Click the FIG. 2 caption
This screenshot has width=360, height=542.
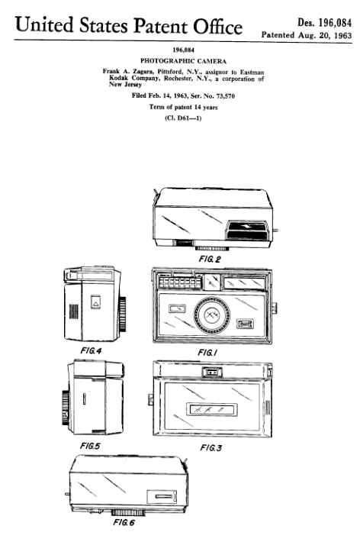[210, 259]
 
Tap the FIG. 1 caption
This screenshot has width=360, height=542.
[207, 353]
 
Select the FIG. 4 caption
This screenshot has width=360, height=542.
[91, 350]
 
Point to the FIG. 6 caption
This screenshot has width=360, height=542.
[124, 522]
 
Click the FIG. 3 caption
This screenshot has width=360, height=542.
[211, 448]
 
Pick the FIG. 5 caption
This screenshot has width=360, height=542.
[90, 446]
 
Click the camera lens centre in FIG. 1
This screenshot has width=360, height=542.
[211, 315]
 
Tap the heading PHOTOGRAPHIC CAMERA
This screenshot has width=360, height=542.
[184, 61]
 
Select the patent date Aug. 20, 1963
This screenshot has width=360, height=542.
[325, 35]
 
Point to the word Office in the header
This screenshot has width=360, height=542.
[217, 26]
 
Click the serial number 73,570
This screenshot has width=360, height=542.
[225, 95]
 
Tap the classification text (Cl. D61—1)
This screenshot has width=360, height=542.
[183, 118]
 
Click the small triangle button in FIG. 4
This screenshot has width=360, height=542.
[95, 302]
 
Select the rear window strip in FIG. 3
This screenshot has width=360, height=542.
[212, 410]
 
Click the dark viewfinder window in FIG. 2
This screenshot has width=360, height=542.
[247, 227]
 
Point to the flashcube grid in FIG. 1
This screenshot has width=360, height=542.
[180, 282]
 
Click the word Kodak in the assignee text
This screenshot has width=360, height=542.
[118, 78]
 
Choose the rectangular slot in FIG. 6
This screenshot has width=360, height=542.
[164, 496]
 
